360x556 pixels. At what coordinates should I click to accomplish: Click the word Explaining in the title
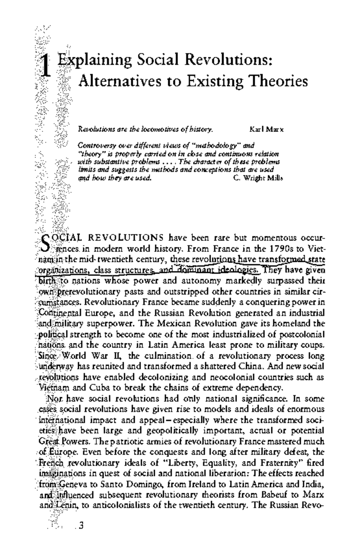[94, 61]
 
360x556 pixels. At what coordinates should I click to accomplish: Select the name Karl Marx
[266, 130]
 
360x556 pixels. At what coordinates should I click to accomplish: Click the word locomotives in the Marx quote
[160, 130]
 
